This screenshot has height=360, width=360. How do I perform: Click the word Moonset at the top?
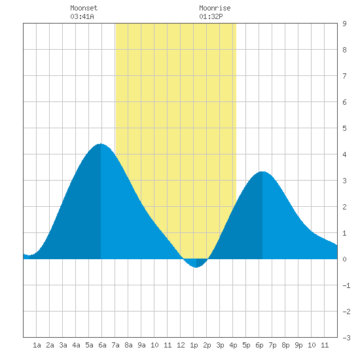pyautogui.click(x=84, y=8)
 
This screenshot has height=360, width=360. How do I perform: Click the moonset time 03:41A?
pyautogui.click(x=82, y=16)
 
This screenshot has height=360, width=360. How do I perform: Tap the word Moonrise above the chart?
pyautogui.click(x=215, y=8)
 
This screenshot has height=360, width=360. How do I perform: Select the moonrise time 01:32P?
pyautogui.click(x=211, y=16)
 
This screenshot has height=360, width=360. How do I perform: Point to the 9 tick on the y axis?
pyautogui.click(x=344, y=24)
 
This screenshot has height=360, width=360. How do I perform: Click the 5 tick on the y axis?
pyautogui.click(x=344, y=128)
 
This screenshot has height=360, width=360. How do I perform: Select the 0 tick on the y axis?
pyautogui.click(x=344, y=259)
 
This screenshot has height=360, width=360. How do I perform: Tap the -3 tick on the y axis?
pyautogui.click(x=346, y=338)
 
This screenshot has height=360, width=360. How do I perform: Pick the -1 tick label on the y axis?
pyautogui.click(x=346, y=285)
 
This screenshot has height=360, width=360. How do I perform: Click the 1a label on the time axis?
pyautogui.click(x=37, y=345)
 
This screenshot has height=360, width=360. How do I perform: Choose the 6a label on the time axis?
pyautogui.click(x=102, y=345)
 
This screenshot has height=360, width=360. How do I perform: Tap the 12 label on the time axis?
pyautogui.click(x=181, y=345)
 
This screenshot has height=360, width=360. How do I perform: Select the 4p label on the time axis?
pyautogui.click(x=233, y=345)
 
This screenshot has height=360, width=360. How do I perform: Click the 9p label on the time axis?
pyautogui.click(x=298, y=345)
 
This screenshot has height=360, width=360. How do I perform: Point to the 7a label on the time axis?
pyautogui.click(x=115, y=345)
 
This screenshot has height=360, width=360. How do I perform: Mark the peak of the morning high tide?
pyautogui.click(x=101, y=144)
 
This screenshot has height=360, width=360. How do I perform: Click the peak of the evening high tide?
pyautogui.click(x=262, y=171)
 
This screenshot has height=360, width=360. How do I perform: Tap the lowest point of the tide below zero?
pyautogui.click(x=196, y=268)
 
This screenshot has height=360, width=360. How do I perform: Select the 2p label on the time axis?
pyautogui.click(x=207, y=345)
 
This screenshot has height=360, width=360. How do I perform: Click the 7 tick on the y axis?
pyautogui.click(x=344, y=76)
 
